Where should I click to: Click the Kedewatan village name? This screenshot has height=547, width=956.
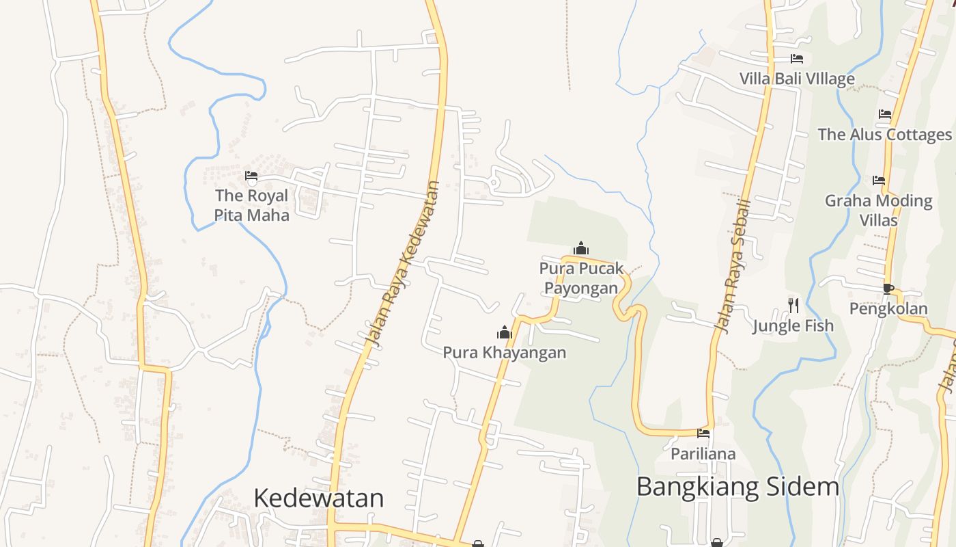318,498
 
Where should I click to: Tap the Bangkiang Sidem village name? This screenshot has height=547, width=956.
737,487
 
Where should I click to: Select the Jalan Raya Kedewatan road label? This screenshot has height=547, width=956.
402,263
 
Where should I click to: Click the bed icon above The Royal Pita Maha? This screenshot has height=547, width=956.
251,176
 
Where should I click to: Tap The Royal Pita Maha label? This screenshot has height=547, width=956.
251,205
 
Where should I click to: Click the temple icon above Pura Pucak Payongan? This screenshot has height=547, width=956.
581,248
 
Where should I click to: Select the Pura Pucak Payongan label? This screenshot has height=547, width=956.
581,278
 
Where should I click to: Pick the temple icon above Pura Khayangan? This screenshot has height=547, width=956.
505,333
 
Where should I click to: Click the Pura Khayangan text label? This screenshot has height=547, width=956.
505,353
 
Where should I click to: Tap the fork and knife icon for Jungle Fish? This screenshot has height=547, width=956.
793,305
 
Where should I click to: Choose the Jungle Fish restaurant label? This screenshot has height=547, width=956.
793,325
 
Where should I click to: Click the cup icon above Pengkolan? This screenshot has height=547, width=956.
888,289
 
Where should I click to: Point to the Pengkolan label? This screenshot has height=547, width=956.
888,308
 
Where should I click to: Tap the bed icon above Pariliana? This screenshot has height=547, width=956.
703,433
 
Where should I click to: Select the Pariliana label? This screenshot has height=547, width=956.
703,453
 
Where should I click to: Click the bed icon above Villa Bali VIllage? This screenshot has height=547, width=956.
797,59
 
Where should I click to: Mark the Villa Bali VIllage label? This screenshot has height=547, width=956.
797,79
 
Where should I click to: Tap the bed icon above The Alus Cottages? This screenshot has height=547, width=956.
885,114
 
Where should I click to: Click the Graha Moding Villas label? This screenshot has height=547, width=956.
879,210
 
